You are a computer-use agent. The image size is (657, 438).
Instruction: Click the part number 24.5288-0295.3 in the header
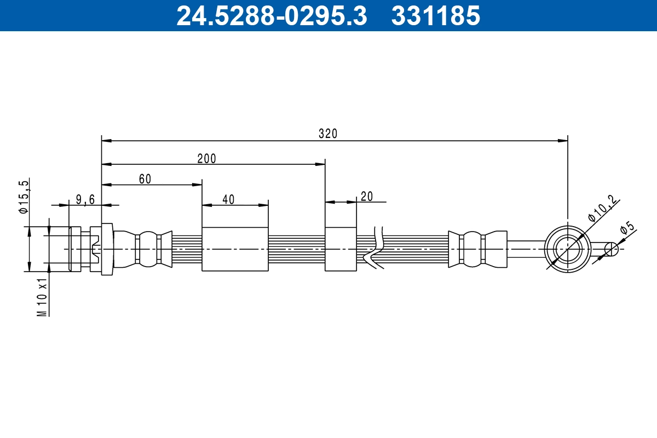pos(271,15)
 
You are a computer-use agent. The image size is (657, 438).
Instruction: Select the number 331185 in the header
pos(435,15)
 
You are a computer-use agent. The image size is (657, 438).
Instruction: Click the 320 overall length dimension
pos(328,134)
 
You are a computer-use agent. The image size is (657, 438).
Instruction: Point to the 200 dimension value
pos(206,159)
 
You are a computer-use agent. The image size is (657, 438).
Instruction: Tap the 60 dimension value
pos(145,179)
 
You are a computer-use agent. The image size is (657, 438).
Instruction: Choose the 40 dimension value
pos(228,200)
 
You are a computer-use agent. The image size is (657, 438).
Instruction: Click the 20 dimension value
pos(366,197)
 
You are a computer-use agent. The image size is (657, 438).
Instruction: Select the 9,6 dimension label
pos(85,200)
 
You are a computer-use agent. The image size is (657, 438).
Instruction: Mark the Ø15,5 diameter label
pos(23,196)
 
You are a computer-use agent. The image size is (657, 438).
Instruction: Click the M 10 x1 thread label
pos(42,296)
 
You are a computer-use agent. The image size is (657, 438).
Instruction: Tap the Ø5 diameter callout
pos(627,228)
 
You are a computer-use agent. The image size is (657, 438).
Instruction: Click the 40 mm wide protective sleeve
pos(235,249)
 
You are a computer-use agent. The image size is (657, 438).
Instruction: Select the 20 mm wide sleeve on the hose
pos(341,249)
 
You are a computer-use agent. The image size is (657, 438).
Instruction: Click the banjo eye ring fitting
pos(568,249)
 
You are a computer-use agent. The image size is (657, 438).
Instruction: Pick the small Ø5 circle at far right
pos(611,249)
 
